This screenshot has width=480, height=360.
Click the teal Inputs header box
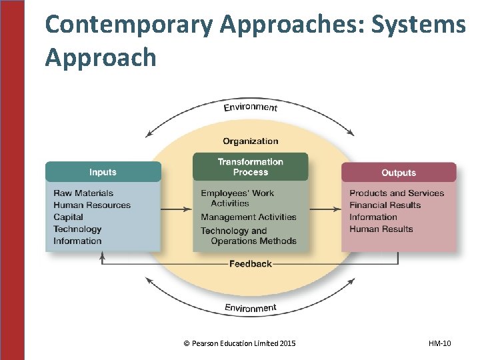(103, 172)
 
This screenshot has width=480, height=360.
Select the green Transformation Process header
(250, 167)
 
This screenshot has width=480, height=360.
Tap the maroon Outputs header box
(399, 173)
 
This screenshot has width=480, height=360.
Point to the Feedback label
(250, 264)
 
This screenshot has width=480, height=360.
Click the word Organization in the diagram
(250, 141)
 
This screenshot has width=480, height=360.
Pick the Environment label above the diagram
(250, 107)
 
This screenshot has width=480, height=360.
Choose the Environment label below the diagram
(250, 307)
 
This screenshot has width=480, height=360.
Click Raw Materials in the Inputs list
(83, 193)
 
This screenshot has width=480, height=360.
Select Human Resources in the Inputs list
(92, 205)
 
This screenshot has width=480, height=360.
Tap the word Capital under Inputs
(68, 217)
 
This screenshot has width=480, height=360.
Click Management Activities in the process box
(248, 217)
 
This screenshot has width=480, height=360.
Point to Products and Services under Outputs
(397, 193)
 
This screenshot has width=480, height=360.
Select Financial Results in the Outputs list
(385, 205)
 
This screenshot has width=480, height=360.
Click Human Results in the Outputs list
(381, 229)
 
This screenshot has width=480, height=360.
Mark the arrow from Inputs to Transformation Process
(177, 210)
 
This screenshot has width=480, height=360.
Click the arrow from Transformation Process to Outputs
(325, 210)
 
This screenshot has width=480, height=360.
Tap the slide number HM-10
(439, 343)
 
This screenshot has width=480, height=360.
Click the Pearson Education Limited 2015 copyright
(239, 343)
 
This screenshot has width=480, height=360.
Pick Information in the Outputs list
(373, 217)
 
